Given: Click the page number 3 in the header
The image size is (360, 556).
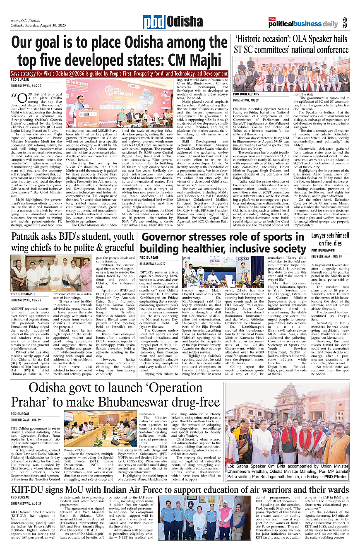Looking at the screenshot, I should point(344,23).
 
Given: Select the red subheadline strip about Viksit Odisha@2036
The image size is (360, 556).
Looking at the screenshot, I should point(120,74).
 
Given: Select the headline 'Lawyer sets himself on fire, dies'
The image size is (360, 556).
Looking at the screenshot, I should point(330,239).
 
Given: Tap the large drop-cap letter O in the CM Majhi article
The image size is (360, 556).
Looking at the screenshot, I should point(21,99).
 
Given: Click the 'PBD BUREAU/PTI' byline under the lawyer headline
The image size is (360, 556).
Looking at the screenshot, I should point(324,251).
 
